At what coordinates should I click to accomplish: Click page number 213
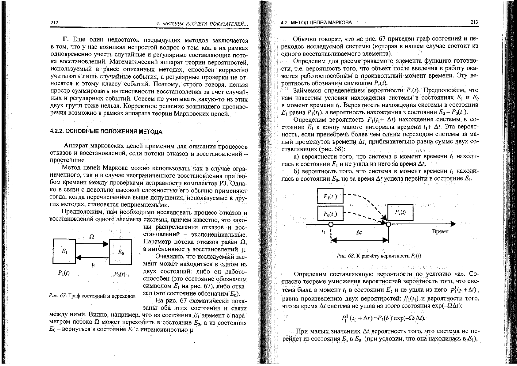[474, 22]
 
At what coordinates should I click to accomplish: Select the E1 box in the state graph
[64, 251]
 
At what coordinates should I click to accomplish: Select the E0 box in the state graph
[121, 252]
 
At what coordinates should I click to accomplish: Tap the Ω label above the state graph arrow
[91, 237]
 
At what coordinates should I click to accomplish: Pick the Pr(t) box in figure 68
[400, 212]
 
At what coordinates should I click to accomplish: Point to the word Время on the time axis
[440, 231]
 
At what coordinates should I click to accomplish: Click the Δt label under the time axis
[359, 233]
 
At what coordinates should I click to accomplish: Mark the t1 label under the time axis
[323, 233]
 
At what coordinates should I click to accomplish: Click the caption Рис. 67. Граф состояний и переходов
[92, 296]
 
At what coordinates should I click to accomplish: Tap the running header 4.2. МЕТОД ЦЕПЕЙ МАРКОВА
[317, 22]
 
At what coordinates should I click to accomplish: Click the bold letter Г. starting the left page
[65, 41]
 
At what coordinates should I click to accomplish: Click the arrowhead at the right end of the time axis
[453, 224]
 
